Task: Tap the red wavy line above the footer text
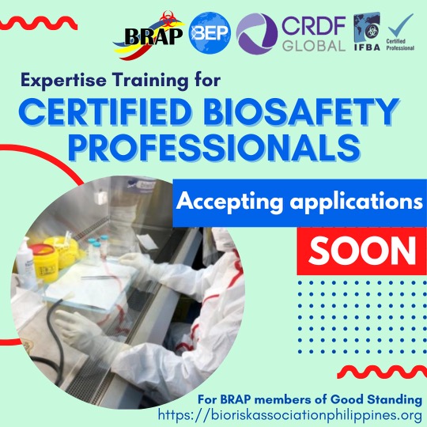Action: coord(380,372)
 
